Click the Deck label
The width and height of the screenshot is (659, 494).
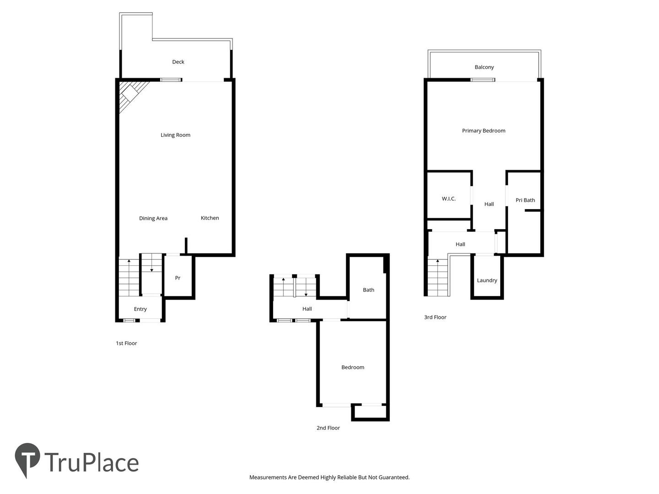click(x=178, y=62)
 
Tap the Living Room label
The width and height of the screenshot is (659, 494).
click(x=175, y=135)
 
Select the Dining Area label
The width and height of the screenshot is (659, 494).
click(x=153, y=218)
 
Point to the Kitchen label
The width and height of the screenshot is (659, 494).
click(x=210, y=218)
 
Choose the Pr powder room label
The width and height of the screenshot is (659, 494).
click(x=178, y=278)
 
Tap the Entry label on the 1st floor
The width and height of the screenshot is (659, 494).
click(x=140, y=309)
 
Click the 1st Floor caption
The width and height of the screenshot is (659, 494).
click(x=126, y=343)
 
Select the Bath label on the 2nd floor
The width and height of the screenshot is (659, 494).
click(x=368, y=290)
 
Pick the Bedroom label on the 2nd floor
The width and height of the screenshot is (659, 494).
click(x=353, y=367)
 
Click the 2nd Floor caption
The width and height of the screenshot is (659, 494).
click(x=328, y=428)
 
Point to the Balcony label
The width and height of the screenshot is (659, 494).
click(x=484, y=67)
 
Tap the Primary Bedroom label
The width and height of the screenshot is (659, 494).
click(x=483, y=131)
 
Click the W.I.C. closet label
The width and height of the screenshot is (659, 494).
click(x=448, y=199)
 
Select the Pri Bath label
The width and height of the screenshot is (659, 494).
click(x=525, y=200)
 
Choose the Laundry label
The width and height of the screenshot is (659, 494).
click(x=487, y=280)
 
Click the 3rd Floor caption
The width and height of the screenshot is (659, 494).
click(x=435, y=317)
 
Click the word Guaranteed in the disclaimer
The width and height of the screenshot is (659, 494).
click(x=394, y=477)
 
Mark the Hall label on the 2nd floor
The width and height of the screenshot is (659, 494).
click(x=307, y=309)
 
